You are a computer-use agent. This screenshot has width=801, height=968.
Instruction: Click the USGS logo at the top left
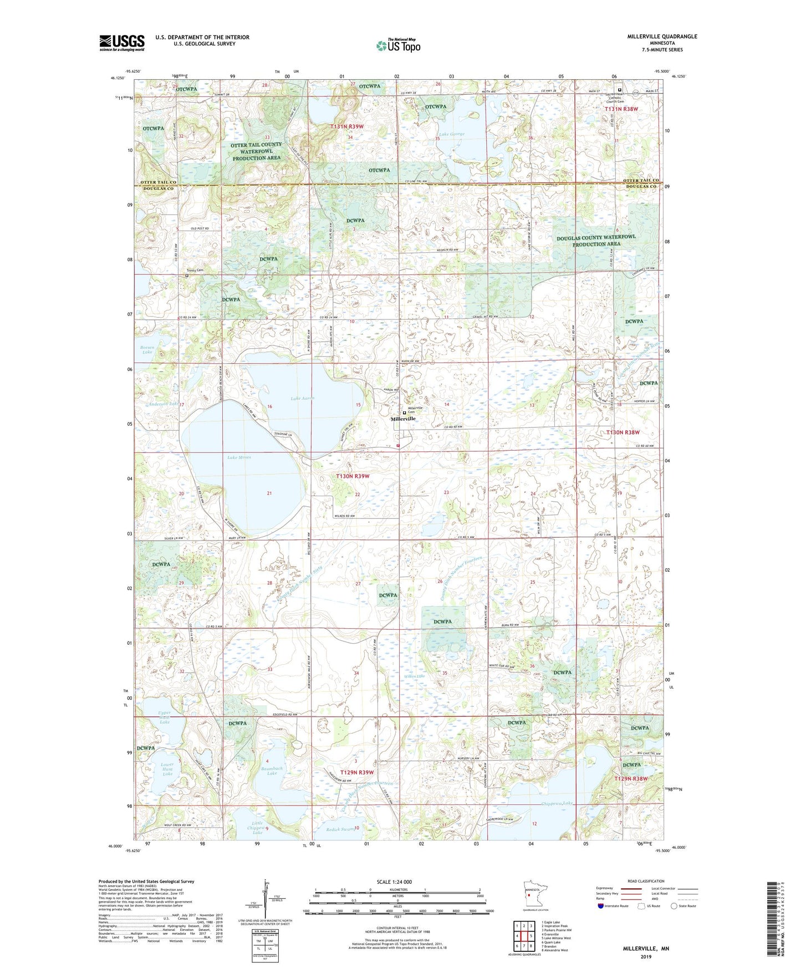[121, 43]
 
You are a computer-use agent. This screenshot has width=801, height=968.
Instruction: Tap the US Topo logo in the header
[398, 45]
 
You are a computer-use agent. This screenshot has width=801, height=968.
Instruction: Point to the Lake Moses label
[239, 457]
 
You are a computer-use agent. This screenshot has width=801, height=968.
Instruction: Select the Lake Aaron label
[302, 398]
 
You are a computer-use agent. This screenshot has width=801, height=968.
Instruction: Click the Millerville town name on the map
[403, 419]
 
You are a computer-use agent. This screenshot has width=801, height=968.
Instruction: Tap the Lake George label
[451, 134]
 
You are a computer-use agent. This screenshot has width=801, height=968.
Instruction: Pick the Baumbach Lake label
[272, 771]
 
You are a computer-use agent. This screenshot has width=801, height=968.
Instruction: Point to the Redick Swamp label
[340, 829]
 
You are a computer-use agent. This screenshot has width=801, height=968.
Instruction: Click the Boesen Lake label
[147, 349]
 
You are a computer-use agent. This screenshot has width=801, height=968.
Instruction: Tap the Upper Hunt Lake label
[165, 717]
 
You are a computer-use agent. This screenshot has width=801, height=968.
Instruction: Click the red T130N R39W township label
[352, 476]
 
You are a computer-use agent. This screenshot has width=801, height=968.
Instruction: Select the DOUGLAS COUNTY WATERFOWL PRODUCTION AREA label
[596, 241]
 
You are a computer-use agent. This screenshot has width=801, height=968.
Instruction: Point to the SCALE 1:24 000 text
[394, 882]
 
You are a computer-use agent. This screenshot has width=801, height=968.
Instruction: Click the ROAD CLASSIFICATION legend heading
[645, 881]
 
